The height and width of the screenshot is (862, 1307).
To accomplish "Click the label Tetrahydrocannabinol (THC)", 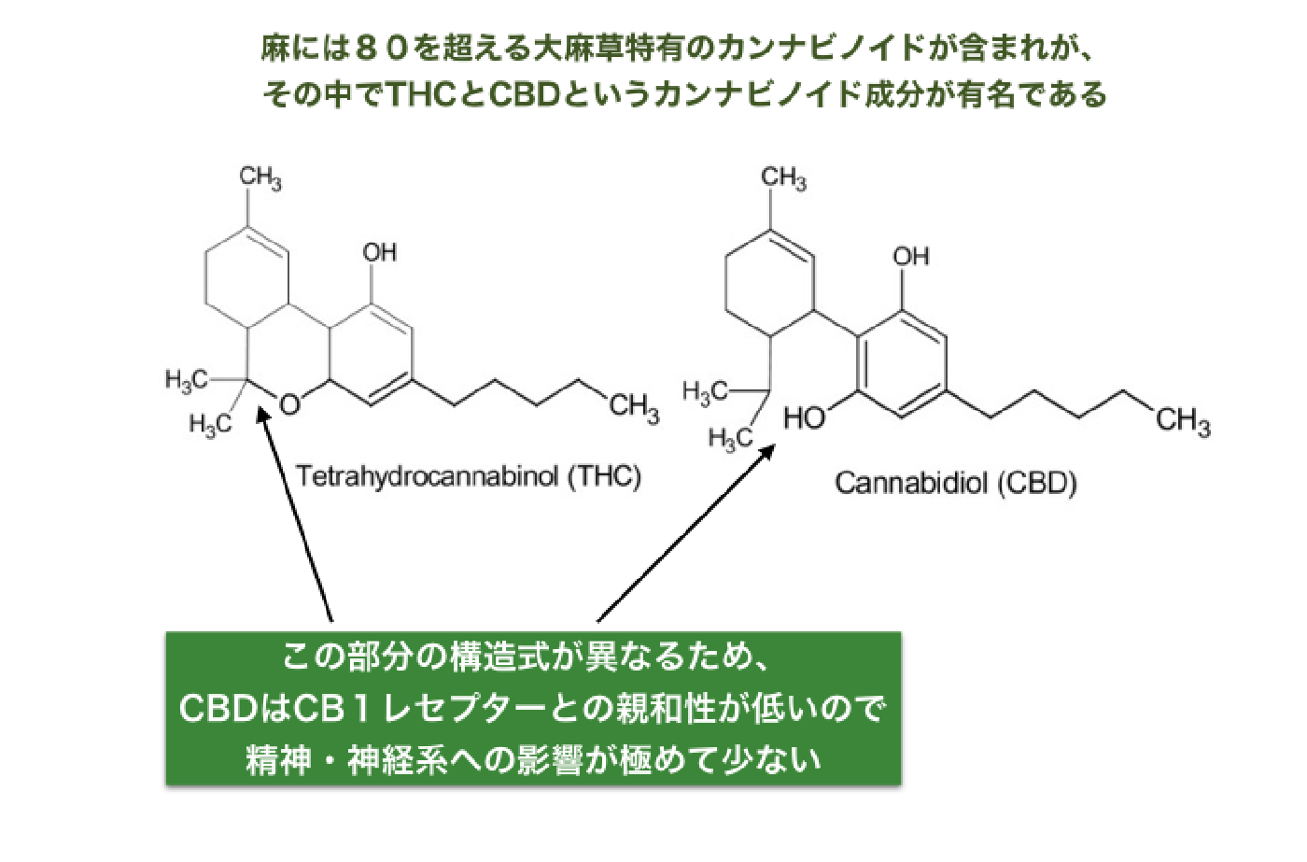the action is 469,477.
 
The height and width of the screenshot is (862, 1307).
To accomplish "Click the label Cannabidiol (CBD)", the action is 956,483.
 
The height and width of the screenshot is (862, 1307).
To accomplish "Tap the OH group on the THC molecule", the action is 379,253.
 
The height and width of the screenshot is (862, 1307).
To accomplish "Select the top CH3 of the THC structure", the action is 260,177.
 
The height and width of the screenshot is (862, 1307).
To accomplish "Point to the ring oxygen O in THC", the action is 290,404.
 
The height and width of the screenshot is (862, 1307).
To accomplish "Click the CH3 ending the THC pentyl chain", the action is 634,407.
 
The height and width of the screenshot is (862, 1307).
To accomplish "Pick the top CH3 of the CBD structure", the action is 783,177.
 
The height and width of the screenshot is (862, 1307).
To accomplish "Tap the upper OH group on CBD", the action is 911,257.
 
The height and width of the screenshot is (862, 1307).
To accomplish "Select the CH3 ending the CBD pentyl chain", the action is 1184,421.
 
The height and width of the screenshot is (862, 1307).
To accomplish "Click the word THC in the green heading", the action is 422,94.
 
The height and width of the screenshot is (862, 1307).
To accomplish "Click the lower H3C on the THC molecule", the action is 210,424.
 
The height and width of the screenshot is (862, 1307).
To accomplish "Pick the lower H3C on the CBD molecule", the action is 730,439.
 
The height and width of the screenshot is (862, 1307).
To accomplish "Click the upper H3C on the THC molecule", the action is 186,380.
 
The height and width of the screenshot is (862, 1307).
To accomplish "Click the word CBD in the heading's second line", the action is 524,94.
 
